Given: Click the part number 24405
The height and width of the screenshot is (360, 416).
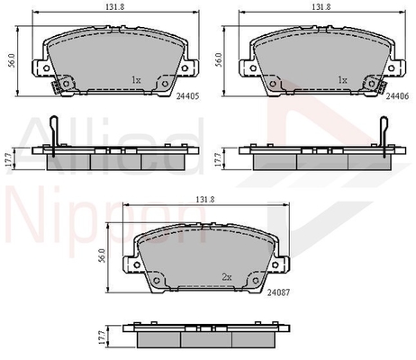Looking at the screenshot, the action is pyautogui.click(x=187, y=96).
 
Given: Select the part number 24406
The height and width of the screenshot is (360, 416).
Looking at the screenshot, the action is pyautogui.click(x=397, y=96).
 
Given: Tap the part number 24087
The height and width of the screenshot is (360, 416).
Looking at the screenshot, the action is pyautogui.click(x=278, y=292).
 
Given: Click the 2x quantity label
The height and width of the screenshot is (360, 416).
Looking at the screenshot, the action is pyautogui.click(x=227, y=277).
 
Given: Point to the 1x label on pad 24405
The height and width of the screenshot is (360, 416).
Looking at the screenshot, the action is pyautogui.click(x=136, y=80).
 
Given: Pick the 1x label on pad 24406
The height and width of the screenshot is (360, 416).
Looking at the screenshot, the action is pyautogui.click(x=342, y=80).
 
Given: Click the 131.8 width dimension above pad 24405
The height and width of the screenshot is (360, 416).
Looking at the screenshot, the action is pyautogui.click(x=114, y=7).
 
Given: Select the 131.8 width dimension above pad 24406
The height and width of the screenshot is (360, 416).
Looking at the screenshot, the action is pyautogui.click(x=321, y=7).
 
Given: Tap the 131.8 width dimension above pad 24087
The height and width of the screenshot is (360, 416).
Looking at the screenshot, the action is pyautogui.click(x=205, y=199).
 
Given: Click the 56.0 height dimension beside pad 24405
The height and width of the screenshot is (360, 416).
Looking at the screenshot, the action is pyautogui.click(x=12, y=60).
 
